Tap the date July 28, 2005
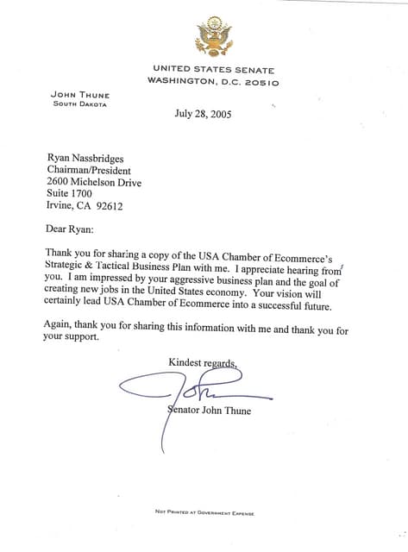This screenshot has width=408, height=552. coord(203,113)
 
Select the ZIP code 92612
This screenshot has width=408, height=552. coord(110,207)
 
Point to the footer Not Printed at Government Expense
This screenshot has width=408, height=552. coord(204,511)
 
